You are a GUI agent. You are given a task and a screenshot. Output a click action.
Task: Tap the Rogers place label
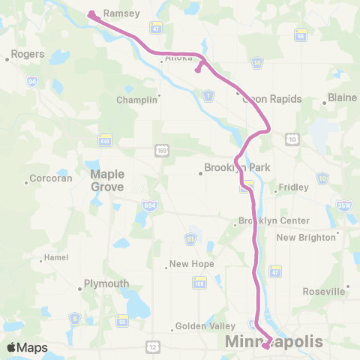point(27,54)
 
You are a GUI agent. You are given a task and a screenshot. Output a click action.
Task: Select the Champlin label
point(137,100)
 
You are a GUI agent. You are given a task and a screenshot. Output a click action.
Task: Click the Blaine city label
point(343,97)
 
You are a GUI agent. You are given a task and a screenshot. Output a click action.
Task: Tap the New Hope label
point(191,264)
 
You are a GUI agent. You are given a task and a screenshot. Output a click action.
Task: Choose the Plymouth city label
point(105,283)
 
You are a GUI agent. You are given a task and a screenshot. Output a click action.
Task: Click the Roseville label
point(325,291)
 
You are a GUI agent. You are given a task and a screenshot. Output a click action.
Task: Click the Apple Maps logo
point(27,347)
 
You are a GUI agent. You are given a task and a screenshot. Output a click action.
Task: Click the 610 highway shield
point(105,139)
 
